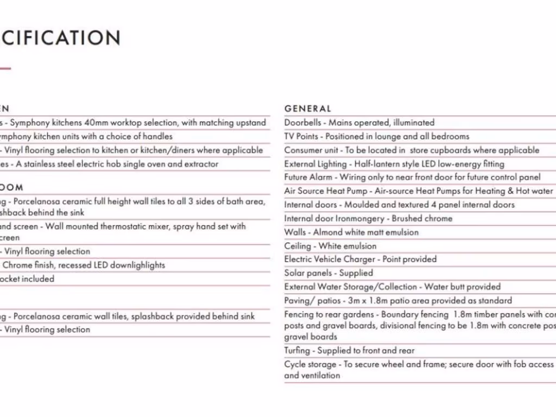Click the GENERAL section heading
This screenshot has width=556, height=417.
point(307,109)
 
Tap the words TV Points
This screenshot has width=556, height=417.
point(301,136)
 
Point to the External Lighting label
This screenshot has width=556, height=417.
point(315,164)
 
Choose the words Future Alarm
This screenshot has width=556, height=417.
point(308,178)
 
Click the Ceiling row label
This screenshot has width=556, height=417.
point(298,246)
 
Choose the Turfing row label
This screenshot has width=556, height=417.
point(297,351)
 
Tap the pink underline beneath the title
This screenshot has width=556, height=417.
point(5,68)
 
